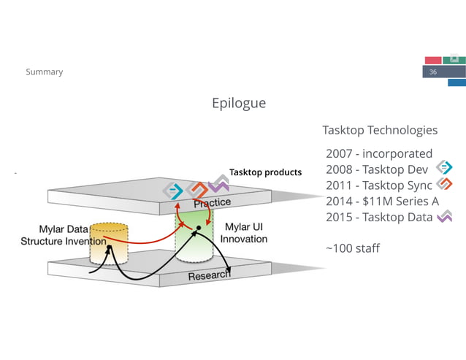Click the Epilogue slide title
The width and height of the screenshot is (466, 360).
tap(239, 104)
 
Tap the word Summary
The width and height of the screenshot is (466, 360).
tap(45, 72)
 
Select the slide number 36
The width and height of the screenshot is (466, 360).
tap(433, 72)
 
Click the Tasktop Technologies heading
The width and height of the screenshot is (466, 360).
tap(380, 130)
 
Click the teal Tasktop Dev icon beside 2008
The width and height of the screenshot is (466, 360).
tap(444, 167)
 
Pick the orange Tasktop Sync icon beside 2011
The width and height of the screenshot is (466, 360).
tap(444, 183)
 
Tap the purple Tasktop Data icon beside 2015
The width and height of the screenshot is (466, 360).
tap(445, 216)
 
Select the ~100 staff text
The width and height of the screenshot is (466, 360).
tap(353, 248)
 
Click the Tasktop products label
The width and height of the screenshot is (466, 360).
tap(265, 172)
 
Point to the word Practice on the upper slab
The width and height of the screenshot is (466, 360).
tap(213, 202)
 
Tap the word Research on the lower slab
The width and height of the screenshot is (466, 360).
tap(210, 275)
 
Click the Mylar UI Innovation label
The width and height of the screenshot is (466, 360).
tap(244, 233)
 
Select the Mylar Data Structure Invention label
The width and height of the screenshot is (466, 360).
tap(64, 235)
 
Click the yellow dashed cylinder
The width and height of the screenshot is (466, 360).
tap(109, 244)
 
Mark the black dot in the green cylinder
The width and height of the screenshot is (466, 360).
tap(199, 228)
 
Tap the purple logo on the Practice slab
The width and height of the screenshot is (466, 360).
tap(218, 183)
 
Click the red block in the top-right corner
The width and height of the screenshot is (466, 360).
tap(433, 61)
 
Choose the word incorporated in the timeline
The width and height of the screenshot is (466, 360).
tap(397, 154)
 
